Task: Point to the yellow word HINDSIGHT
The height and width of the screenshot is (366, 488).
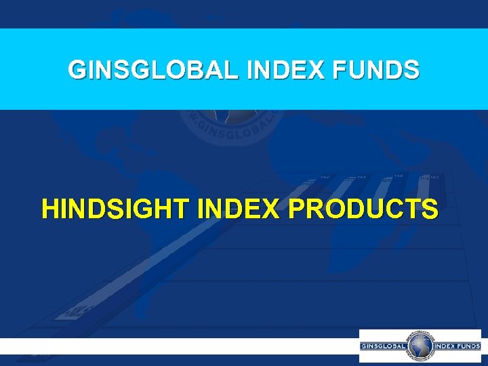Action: (x=116, y=209)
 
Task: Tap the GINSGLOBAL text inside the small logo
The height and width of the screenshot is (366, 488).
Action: (x=384, y=346)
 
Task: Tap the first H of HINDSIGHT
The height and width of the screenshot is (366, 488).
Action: (x=50, y=209)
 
